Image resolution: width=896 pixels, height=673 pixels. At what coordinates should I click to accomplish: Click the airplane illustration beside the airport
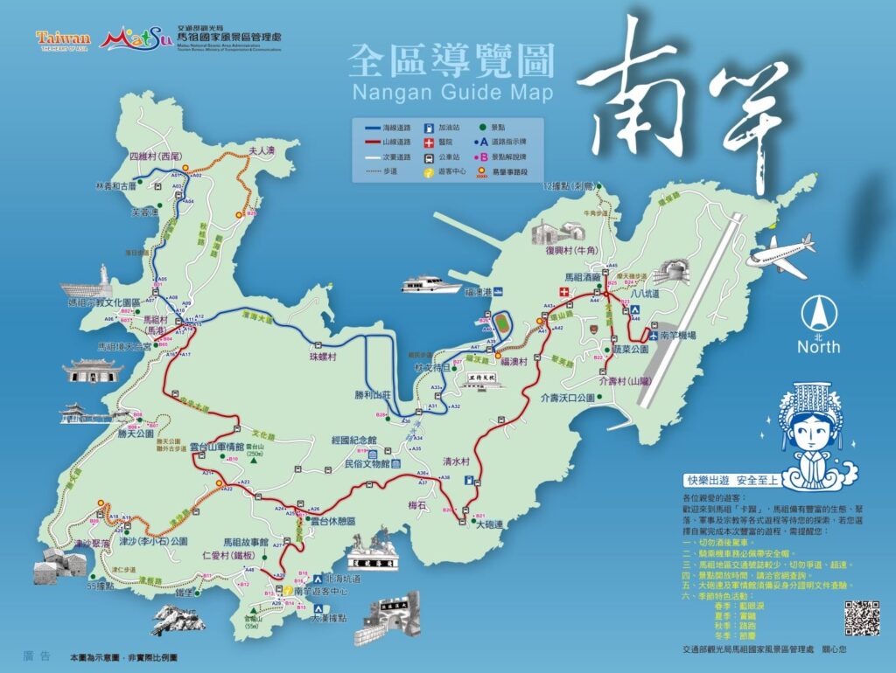click(781, 255)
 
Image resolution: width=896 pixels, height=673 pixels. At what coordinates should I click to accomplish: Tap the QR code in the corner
click(861, 619)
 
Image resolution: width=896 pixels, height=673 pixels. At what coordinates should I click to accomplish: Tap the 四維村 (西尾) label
click(154, 156)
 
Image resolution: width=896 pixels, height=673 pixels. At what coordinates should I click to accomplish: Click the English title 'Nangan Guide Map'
click(451, 92)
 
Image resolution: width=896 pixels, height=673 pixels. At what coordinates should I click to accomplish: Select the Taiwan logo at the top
click(63, 39)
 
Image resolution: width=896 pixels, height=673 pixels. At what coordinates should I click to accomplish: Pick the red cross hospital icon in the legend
click(429, 142)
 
